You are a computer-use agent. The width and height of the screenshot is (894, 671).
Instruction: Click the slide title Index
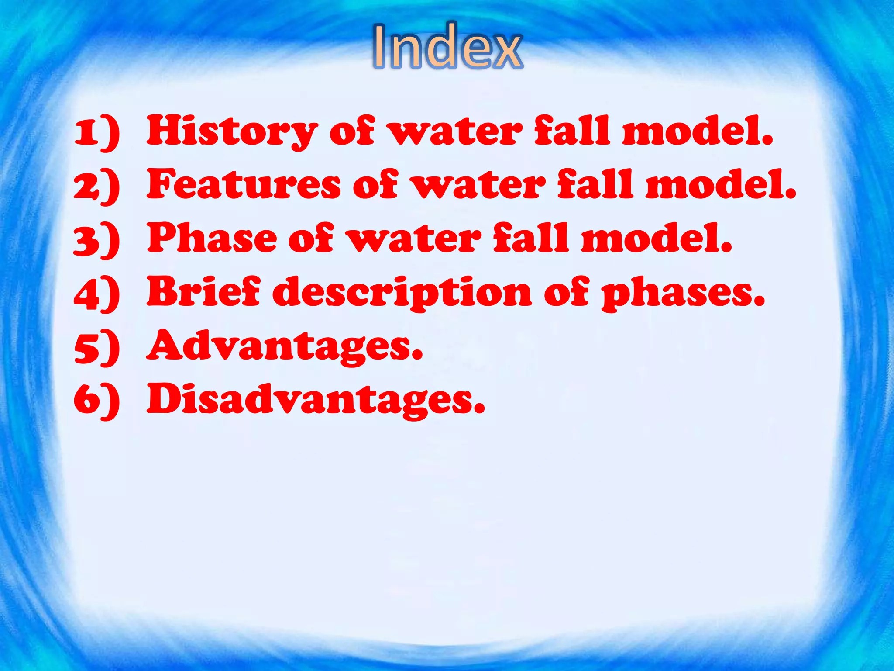point(447,46)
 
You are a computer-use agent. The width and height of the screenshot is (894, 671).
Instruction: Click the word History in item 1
point(232,131)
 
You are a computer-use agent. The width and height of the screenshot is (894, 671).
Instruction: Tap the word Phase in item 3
point(212,238)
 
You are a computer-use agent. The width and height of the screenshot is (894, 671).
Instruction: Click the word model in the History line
point(697,131)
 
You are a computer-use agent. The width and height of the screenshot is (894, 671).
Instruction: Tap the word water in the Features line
point(479,185)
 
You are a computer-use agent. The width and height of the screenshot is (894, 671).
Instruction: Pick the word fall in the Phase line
point(532,238)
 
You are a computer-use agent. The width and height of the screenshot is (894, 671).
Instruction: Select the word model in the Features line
point(720,185)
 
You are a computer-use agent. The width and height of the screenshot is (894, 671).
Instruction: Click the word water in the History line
point(455,131)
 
